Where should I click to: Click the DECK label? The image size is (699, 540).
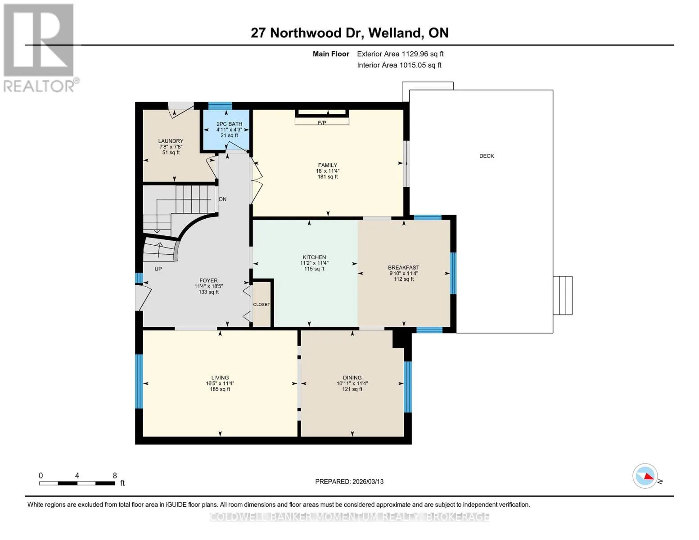[x=487, y=156]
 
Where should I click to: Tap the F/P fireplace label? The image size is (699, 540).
[x=322, y=123]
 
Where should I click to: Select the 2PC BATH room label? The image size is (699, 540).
[x=229, y=124]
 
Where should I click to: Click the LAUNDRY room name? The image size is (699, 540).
[x=171, y=141]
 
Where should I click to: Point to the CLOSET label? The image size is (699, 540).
[x=261, y=304]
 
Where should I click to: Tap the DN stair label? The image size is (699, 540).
[x=223, y=199]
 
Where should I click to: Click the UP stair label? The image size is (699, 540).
[x=158, y=269]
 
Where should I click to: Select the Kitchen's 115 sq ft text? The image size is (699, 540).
[x=314, y=269]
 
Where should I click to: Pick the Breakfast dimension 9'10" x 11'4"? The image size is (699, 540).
[x=403, y=273]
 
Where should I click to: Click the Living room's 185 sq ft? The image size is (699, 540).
[x=220, y=389]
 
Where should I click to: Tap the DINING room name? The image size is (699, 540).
[x=352, y=377]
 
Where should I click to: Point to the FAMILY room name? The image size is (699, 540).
[x=328, y=165]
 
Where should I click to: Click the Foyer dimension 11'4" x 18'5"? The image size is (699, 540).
[x=208, y=286]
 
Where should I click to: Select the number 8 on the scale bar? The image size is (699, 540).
[x=115, y=475]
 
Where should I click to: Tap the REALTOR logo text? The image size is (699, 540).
[x=39, y=86]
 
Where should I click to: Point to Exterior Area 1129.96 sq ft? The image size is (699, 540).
[x=400, y=54]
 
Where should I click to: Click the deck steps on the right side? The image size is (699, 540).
[x=563, y=295]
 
